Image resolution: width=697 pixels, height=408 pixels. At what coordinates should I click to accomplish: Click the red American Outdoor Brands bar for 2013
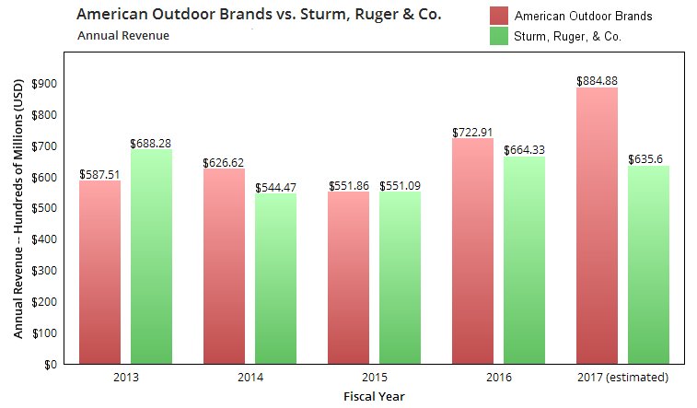(x=99, y=272)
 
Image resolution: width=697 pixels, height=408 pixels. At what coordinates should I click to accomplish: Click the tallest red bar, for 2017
(x=597, y=226)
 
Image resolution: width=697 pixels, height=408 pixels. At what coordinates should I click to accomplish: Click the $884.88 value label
(x=597, y=81)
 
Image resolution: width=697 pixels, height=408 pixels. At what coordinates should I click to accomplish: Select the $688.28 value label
(x=151, y=143)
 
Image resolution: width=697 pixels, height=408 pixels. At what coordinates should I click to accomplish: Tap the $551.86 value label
(x=348, y=185)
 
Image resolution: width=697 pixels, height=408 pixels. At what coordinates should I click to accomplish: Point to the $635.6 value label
(x=648, y=159)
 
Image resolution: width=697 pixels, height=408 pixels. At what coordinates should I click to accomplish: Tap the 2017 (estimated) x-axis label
(x=622, y=378)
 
